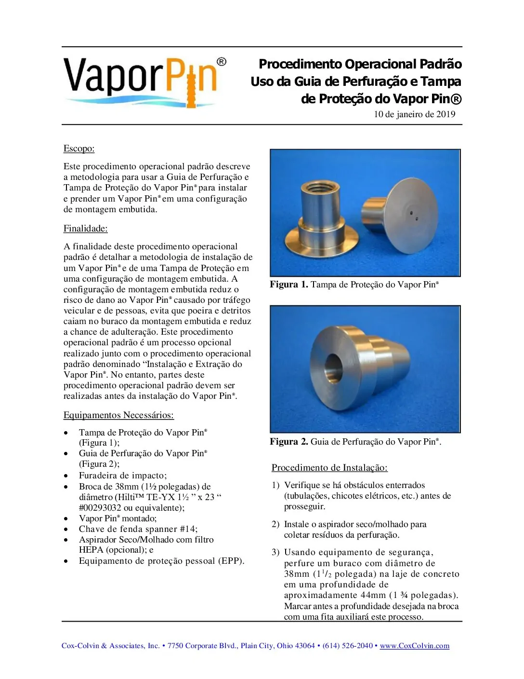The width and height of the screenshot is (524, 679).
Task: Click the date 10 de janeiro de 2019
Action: coord(414,114)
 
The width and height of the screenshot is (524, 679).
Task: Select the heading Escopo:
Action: coord(79,149)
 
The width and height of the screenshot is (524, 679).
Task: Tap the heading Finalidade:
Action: coord(85,229)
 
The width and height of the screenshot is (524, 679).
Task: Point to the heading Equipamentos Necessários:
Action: coord(118,415)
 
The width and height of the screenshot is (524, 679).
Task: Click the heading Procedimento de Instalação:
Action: coord(329,468)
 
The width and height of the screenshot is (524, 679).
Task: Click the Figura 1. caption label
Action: coord(288,285)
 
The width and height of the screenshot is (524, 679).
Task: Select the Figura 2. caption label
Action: coord(288,442)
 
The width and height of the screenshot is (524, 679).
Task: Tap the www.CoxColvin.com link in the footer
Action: coord(414,646)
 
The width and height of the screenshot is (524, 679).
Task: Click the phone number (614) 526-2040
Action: coord(347,646)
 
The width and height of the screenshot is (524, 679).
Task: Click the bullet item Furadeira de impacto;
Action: coord(123,475)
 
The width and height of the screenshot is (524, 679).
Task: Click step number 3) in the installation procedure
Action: coord(275,553)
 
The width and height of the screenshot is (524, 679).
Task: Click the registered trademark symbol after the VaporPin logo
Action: coord(221,62)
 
